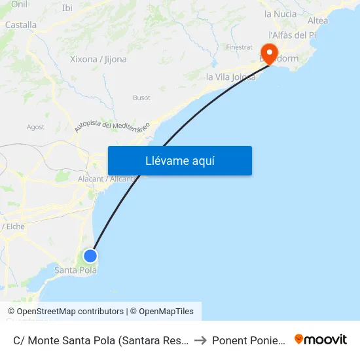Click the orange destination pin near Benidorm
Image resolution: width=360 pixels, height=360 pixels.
point(269,52)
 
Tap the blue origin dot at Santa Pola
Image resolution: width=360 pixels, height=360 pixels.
point(90,256)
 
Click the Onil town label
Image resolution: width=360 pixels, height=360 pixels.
point(19,4)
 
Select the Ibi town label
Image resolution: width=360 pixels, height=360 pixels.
point(67,8)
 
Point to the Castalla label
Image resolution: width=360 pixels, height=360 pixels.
point(21,25)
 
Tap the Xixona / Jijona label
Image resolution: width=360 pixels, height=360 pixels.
point(98,59)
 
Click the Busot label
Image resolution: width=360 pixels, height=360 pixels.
point(141,98)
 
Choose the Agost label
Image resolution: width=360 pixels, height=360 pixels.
point(35,127)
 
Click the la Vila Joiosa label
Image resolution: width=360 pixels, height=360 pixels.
point(230,77)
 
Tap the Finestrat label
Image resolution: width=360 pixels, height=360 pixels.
point(239,47)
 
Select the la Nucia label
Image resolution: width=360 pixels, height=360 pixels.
point(280,14)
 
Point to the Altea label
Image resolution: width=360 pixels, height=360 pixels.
point(317,20)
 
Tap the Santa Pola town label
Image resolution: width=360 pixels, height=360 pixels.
point(75,270)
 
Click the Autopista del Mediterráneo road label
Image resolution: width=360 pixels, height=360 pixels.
point(112,126)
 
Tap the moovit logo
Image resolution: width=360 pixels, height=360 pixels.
point(321,340)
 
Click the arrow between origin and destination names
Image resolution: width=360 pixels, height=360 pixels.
point(200,340)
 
